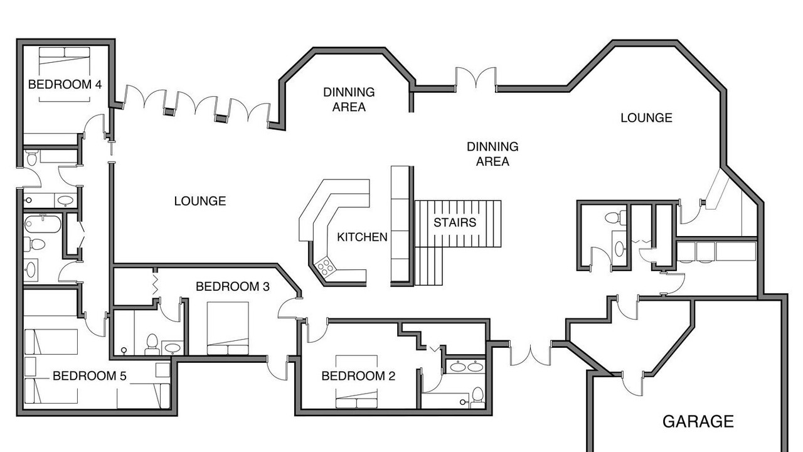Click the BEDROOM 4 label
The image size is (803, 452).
(65, 85)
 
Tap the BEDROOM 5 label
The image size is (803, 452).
(90, 376)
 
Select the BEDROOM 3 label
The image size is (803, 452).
(233, 287)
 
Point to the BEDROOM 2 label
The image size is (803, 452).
(358, 376)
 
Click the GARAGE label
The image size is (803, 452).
(698, 421)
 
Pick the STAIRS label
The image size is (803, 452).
(455, 222)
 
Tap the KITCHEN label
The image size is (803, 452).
(362, 237)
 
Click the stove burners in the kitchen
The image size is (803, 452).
(326, 267)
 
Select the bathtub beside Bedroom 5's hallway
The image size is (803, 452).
(42, 224)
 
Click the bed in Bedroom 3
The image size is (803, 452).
(228, 328)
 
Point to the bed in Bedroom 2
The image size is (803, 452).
(356, 382)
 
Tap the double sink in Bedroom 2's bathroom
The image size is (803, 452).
(465, 367)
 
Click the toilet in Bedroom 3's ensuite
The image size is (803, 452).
(152, 345)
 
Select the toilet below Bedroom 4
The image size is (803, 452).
(32, 158)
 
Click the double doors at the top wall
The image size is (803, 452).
(476, 80)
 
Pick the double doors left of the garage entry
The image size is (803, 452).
(530, 353)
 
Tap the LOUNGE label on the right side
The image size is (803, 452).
(646, 118)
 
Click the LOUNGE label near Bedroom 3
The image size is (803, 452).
(200, 202)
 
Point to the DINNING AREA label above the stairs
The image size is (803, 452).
(492, 154)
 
